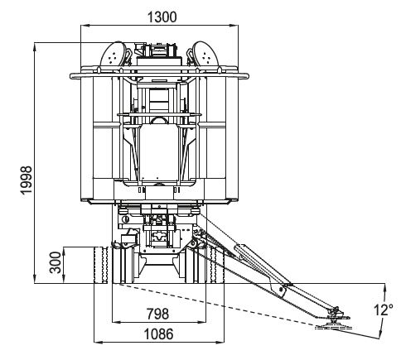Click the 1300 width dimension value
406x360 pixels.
162,17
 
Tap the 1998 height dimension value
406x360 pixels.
27,180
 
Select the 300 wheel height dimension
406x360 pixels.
56,262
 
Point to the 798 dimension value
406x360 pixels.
157,314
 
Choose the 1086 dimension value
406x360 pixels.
159,334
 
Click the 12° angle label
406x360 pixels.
384,310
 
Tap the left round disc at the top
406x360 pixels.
114,54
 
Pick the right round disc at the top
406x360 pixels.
205,54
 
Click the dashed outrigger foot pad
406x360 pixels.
334,328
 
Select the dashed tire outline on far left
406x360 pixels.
101,265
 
